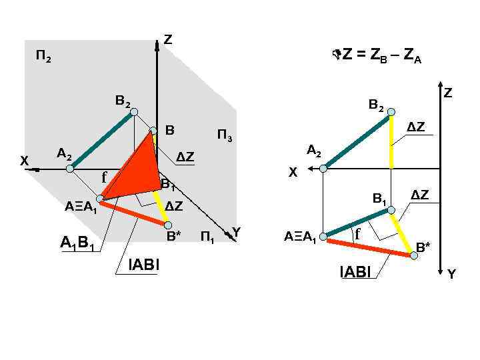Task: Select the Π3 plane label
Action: pyautogui.click(x=225, y=137)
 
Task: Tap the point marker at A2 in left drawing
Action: pyautogui.click(x=71, y=169)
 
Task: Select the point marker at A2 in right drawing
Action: pyautogui.click(x=324, y=169)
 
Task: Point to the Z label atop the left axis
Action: pyautogui.click(x=167, y=41)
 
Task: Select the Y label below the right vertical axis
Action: pyautogui.click(x=451, y=274)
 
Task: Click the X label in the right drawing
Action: pyautogui.click(x=292, y=173)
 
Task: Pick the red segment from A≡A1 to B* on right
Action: pyautogui.click(x=367, y=245)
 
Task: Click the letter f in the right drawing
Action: pyautogui.click(x=357, y=234)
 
